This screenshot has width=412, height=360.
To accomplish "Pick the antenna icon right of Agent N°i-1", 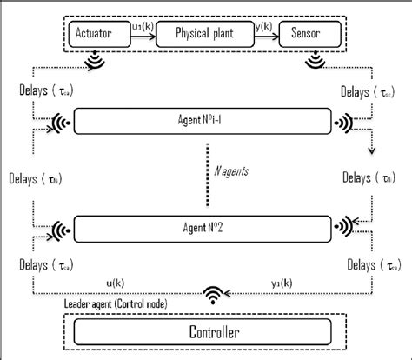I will [x=344, y=122].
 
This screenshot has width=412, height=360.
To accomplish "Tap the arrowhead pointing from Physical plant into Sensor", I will [x=280, y=36].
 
